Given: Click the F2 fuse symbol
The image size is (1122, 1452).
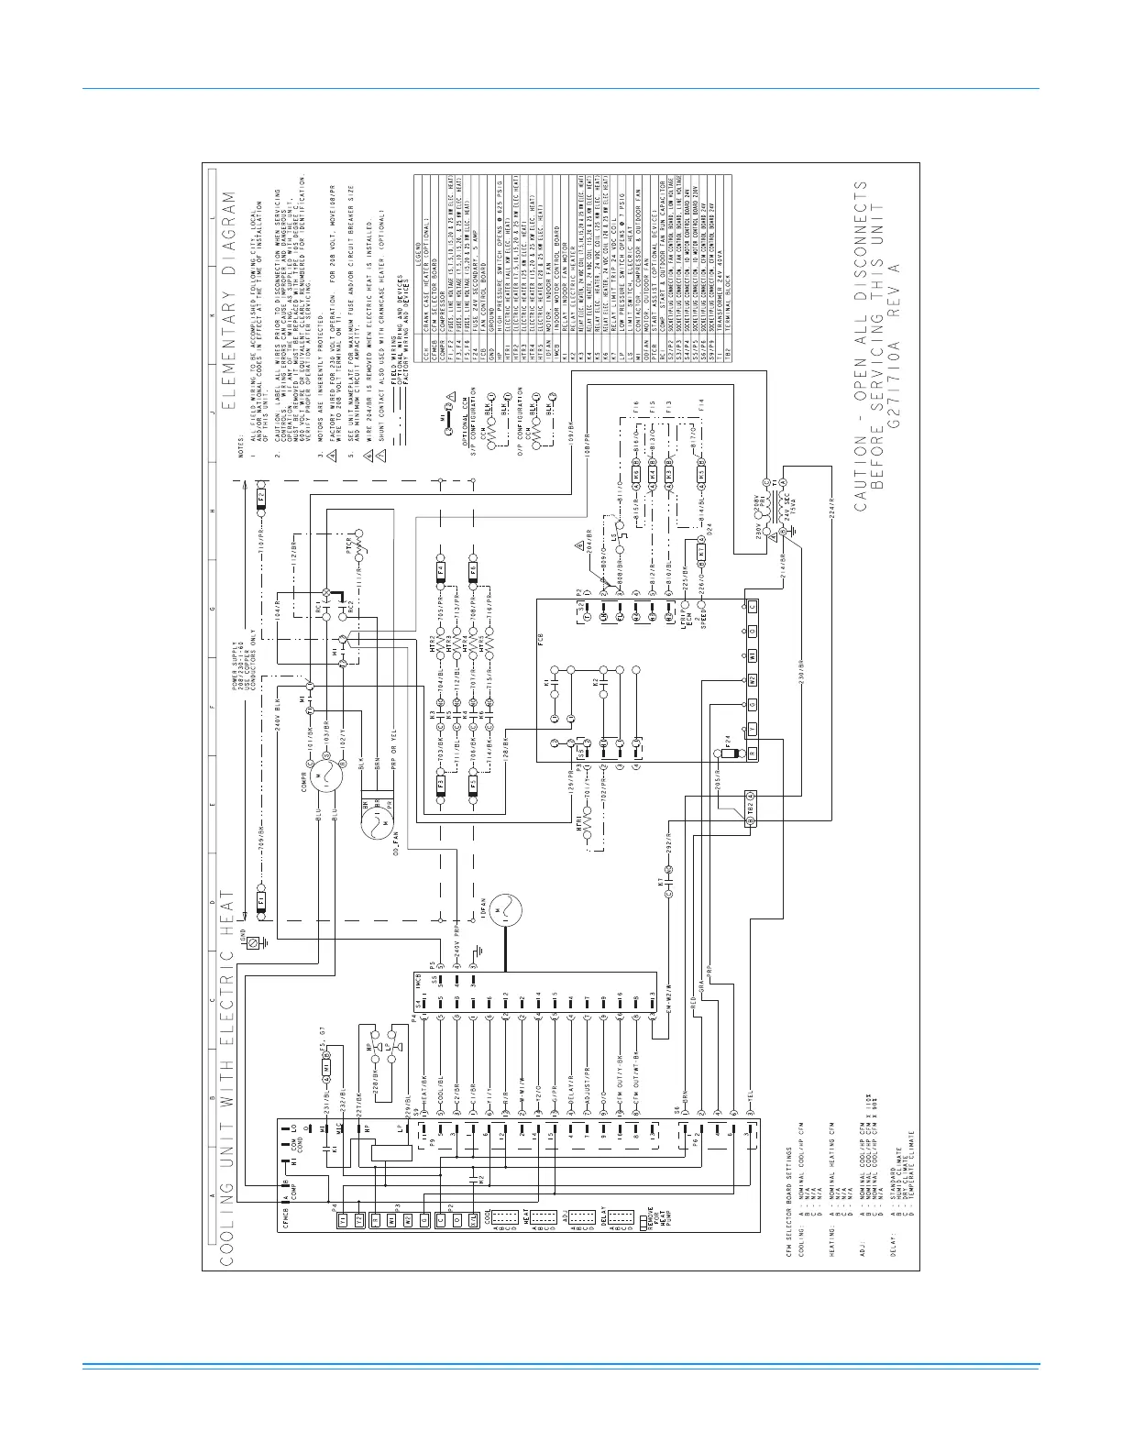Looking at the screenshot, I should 261,500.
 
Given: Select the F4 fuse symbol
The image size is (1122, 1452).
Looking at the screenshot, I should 441,568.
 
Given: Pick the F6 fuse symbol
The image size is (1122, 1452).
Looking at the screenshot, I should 473,568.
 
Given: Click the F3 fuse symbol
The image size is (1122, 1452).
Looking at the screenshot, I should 441,785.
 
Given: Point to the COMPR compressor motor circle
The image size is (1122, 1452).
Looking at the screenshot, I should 326,777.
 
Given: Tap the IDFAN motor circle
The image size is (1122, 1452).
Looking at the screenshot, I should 502,911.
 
